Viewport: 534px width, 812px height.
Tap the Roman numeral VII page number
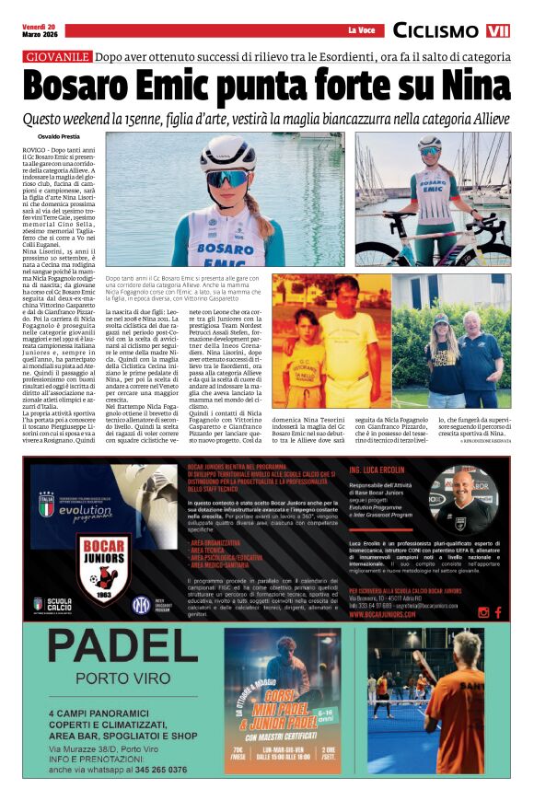coord(498,31)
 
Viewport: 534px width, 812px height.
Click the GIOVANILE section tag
coord(57,57)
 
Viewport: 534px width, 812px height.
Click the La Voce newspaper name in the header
coord(360,31)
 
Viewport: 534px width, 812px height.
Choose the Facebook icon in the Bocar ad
coord(498,612)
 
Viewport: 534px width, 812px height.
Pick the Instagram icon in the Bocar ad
coord(482,612)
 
